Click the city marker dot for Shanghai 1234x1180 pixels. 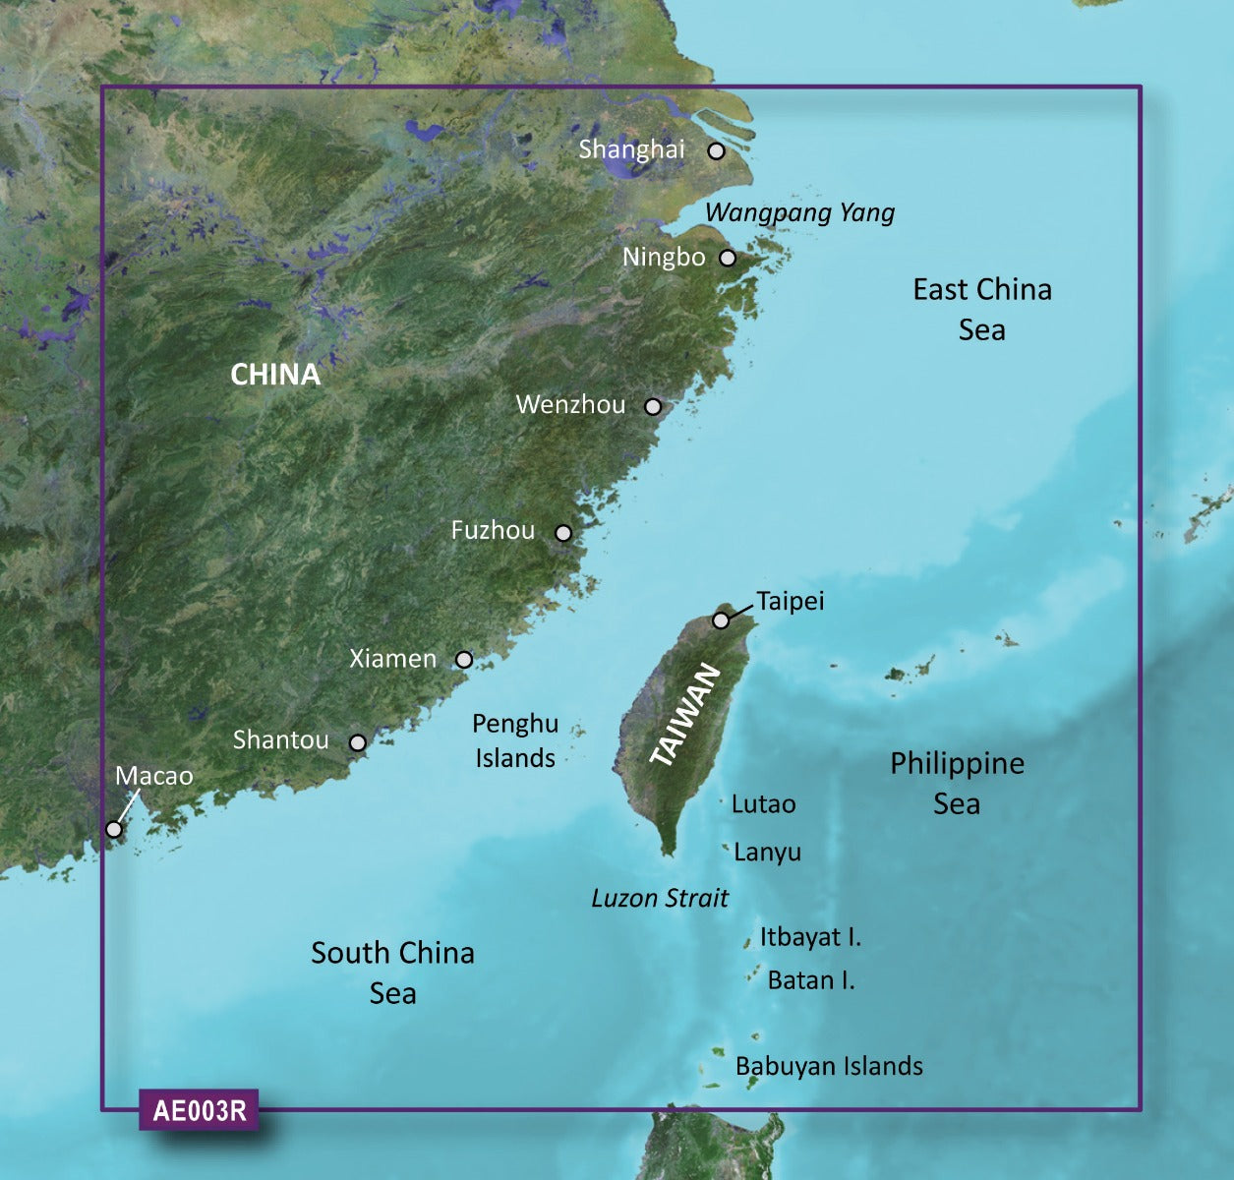717,151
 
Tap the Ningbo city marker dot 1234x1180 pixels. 728,259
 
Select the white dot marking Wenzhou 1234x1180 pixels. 653,406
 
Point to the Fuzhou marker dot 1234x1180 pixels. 563,533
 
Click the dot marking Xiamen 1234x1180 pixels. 464,660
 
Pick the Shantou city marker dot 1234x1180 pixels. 358,742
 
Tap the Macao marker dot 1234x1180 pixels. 114,829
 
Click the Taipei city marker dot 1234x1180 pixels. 721,620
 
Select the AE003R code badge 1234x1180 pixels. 200,1110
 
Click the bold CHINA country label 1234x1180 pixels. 275,375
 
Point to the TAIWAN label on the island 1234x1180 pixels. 686,715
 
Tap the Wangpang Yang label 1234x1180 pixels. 799,212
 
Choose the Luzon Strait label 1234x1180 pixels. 660,898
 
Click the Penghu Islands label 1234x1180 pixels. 515,740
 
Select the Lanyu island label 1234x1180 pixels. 767,853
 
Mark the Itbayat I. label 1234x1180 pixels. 810,937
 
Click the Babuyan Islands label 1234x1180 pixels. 829,1066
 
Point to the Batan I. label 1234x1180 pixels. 811,979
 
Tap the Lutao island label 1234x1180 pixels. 763,804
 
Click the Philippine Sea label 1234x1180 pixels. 957,784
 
